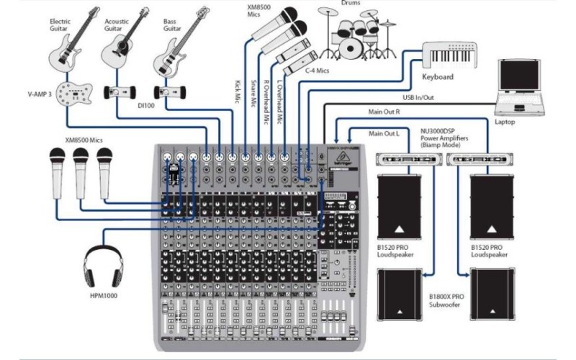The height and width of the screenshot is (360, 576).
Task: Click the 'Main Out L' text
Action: coord(383,133)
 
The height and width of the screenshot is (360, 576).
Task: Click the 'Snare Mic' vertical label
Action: coord(253,94)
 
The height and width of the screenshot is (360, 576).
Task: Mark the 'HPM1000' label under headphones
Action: coord(104,295)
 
